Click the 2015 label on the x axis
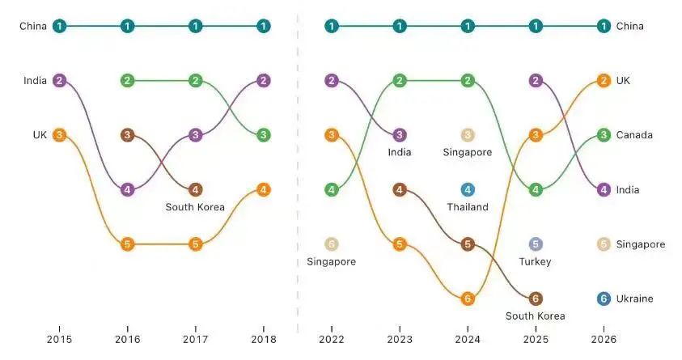point(59,339)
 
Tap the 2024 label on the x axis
point(468,339)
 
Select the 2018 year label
point(264,339)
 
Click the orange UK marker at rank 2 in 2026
point(604,81)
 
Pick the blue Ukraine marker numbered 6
point(604,299)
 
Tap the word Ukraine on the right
point(636,299)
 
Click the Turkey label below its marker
point(536,261)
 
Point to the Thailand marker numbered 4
point(468,190)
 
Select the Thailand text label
point(468,207)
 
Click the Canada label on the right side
point(634,135)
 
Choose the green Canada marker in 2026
point(604,135)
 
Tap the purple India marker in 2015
point(59,81)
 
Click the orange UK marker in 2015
point(59,135)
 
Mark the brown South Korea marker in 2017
point(195,190)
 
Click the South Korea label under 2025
point(536,316)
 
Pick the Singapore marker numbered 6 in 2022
point(332,244)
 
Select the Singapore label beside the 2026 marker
point(641,244)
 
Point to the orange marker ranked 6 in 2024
point(468,299)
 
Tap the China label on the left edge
point(33,27)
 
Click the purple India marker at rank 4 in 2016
point(127,190)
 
